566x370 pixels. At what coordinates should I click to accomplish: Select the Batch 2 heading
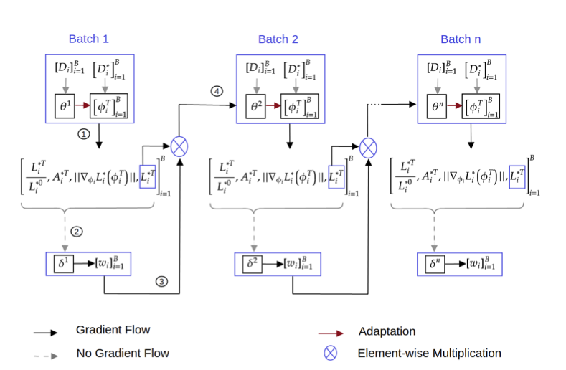tap(278, 39)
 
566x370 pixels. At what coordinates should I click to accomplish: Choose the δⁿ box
tap(434, 264)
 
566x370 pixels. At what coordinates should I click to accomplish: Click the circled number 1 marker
tap(83, 134)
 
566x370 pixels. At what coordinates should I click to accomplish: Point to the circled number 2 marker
tap(77, 232)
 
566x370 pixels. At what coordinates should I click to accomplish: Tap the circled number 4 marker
tap(215, 91)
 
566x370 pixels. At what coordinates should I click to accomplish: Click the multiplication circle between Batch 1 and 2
tap(179, 147)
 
